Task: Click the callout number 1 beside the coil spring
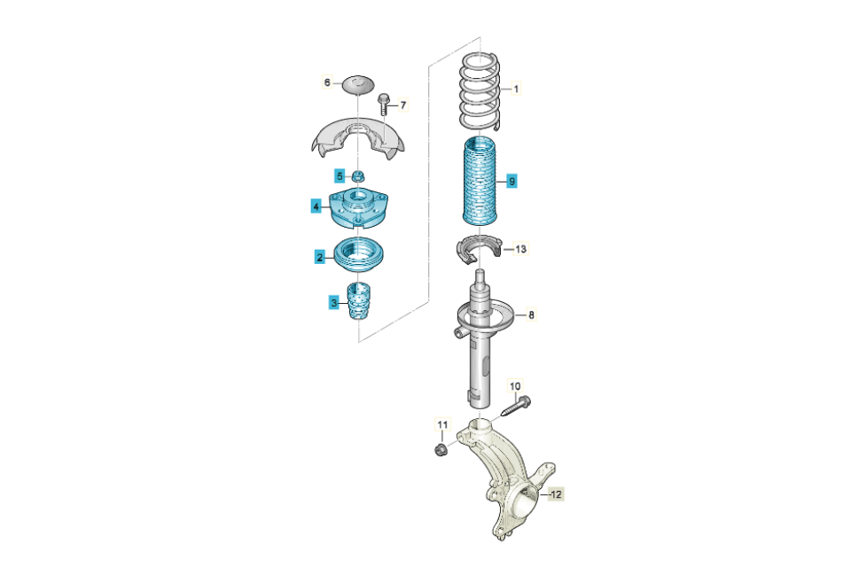pyautogui.click(x=516, y=89)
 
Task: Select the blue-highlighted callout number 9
pyautogui.click(x=511, y=181)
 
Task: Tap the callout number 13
pyautogui.click(x=520, y=249)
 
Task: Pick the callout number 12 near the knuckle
pyautogui.click(x=557, y=494)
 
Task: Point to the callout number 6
pyautogui.click(x=327, y=82)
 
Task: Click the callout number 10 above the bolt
pyautogui.click(x=515, y=385)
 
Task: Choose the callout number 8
pyautogui.click(x=531, y=315)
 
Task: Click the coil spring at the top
pyautogui.click(x=480, y=91)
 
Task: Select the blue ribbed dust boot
pyautogui.click(x=480, y=182)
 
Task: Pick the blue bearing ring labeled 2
pyautogui.click(x=358, y=254)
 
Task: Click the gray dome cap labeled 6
pyautogui.click(x=358, y=85)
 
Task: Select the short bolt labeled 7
pyautogui.click(x=383, y=105)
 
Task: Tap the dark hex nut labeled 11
pyautogui.click(x=441, y=449)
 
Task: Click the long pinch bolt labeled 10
pyautogui.click(x=515, y=407)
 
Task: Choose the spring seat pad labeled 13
pyautogui.click(x=478, y=247)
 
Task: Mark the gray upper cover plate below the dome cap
pyautogui.click(x=358, y=141)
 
